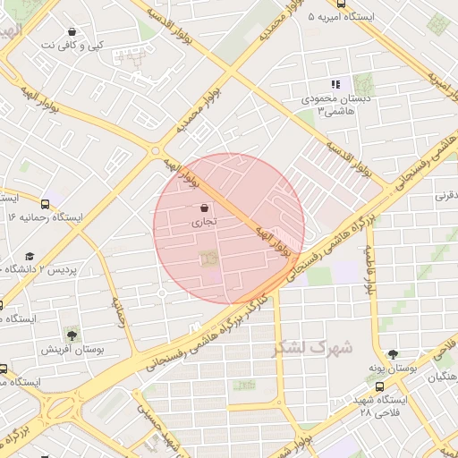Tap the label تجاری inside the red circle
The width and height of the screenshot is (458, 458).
(205, 225)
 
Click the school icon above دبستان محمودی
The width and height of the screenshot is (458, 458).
(336, 84)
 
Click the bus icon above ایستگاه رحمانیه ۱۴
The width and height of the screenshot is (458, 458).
(46, 204)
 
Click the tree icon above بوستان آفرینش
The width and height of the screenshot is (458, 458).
(72, 335)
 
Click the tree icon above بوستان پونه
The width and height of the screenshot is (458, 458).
(393, 354)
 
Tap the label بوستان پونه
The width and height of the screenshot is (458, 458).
(393, 369)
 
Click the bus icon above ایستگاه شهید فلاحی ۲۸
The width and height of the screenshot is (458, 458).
(380, 386)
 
